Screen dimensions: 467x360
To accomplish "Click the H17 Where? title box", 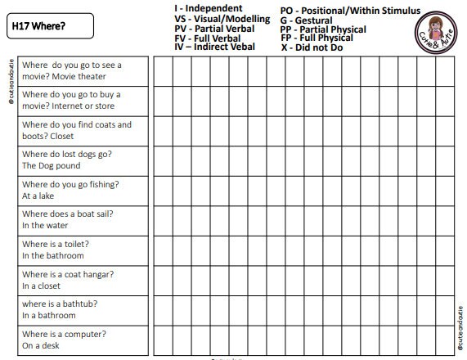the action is [47, 25].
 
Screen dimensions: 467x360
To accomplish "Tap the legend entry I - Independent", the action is [208, 9].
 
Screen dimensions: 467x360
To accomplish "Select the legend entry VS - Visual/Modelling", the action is [222, 19].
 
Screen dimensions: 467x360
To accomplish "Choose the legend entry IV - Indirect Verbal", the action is [214, 47].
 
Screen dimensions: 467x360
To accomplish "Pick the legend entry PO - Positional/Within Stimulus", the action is [350, 11].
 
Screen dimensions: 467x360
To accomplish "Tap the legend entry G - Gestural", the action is [306, 20].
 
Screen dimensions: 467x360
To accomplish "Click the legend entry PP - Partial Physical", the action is [323, 29].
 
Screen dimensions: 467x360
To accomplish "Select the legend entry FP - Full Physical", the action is [317, 38].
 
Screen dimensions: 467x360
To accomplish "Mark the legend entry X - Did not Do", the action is [313, 48].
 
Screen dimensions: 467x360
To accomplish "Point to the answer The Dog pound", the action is [51, 166].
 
